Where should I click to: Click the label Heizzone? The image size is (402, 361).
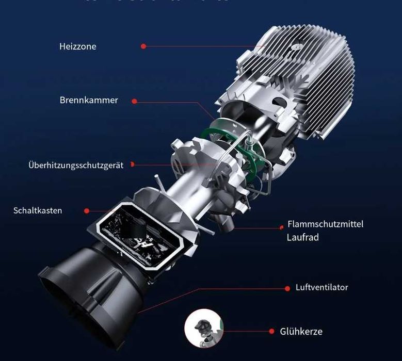click(x=78, y=46)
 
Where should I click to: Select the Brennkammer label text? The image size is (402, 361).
click(x=89, y=100)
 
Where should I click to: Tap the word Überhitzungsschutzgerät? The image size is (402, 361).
click(x=76, y=166)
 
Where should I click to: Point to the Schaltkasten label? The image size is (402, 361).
click(x=38, y=210)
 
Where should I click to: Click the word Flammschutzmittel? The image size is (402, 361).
click(x=325, y=224)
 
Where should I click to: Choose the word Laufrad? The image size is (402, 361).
click(x=303, y=238)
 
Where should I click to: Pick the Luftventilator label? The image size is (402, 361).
click(x=322, y=287)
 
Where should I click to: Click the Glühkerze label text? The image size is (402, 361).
click(x=301, y=332)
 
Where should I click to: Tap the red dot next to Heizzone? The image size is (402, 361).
click(x=143, y=46)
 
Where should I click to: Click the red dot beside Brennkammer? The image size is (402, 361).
click(x=135, y=101)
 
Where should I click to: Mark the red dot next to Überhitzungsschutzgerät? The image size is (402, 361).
click(x=133, y=165)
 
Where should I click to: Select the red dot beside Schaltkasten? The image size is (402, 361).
click(x=87, y=210)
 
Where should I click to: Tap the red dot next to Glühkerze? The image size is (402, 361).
click(x=271, y=332)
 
